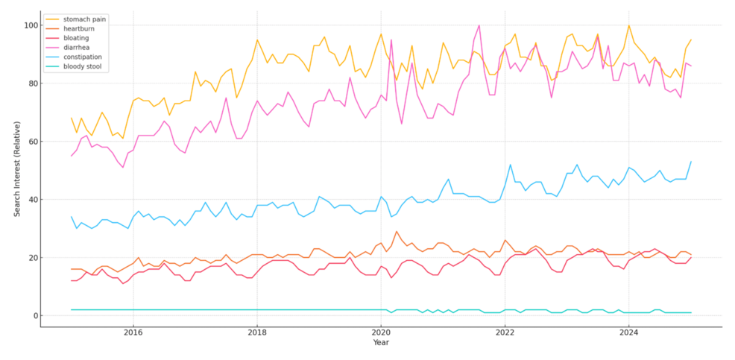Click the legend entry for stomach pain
pyautogui.click(x=84, y=19)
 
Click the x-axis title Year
pyautogui.click(x=381, y=344)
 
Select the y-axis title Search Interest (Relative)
pyautogui.click(x=16, y=170)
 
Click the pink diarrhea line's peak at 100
pyautogui.click(x=479, y=25)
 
